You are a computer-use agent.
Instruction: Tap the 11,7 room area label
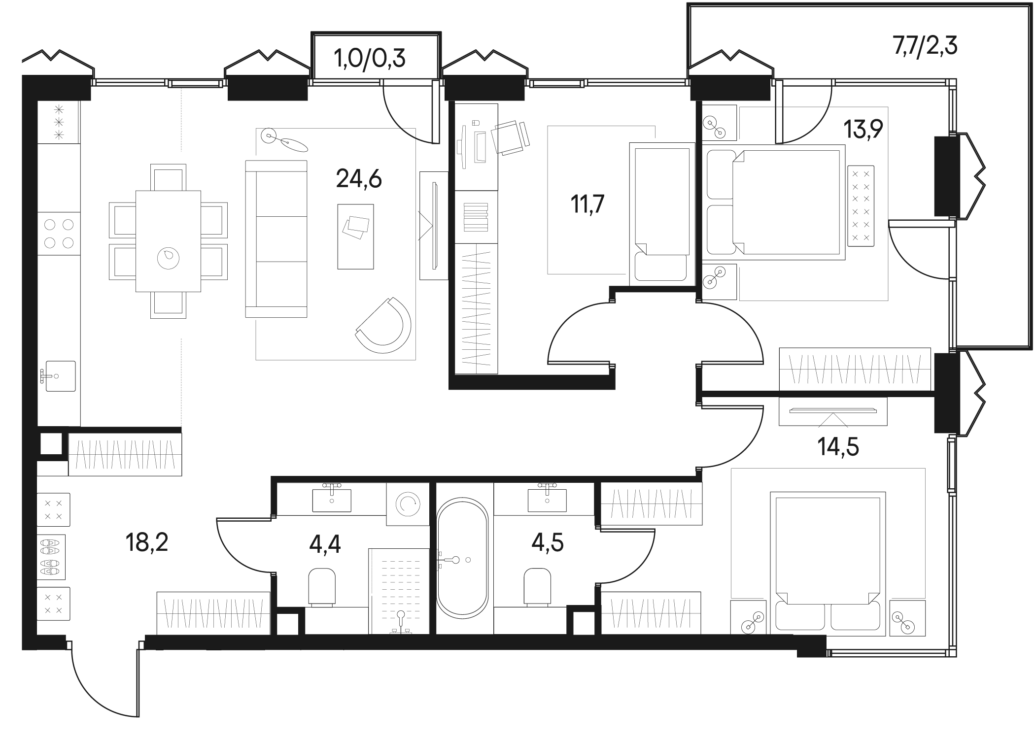pos(587,204)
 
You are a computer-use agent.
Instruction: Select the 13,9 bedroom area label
pos(863,130)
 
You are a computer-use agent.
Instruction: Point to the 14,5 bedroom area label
pos(838,447)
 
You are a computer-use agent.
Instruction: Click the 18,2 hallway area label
pos(147,543)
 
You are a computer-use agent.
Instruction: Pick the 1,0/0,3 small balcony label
pos(370,59)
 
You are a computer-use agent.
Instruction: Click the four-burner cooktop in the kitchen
pos(59,234)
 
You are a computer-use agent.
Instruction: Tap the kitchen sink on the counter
pos(60,376)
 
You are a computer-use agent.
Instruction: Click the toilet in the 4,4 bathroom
pos(322,586)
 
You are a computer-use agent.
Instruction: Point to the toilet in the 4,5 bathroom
pos(537,586)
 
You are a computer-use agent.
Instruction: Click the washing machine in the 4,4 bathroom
pos(408,503)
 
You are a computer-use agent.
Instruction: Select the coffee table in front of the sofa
pos(355,236)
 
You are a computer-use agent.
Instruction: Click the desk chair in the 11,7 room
pos(510,136)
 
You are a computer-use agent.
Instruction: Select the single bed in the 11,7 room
pos(662,214)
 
